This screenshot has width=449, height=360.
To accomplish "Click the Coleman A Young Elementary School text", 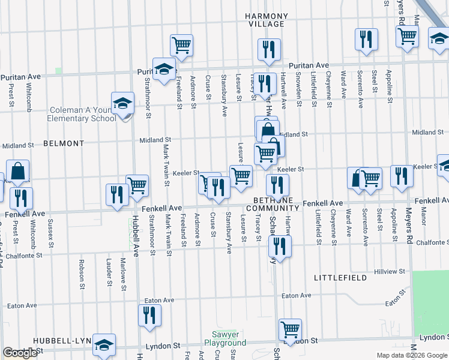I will (x=83, y=114).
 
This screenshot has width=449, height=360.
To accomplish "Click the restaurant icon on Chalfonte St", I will (x=280, y=246).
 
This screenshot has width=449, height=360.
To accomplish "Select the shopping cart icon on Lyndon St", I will (x=290, y=329).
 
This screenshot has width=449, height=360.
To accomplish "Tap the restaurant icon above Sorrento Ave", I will (x=366, y=40).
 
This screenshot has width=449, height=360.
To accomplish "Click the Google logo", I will (x=20, y=353).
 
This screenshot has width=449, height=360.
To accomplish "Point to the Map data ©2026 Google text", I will (x=412, y=355).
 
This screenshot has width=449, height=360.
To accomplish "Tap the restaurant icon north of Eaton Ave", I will (x=149, y=316).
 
